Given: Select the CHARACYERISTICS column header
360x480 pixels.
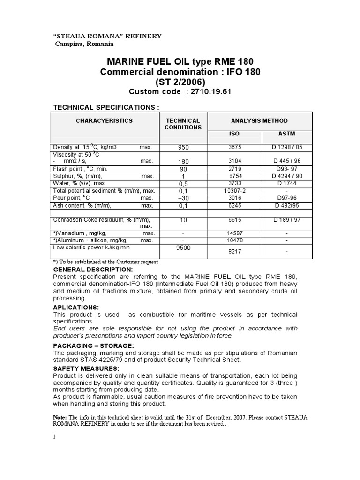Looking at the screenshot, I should (x=105, y=120).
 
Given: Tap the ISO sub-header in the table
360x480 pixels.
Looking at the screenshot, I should (x=234, y=134).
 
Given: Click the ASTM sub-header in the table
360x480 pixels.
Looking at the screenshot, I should (x=286, y=134).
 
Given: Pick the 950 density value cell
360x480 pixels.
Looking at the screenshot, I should (x=183, y=147).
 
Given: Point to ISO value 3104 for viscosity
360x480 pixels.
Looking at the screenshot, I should (x=234, y=161).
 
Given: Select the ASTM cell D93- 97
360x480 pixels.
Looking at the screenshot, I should (x=286, y=169).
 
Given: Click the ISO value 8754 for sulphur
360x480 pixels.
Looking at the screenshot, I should (x=234, y=176).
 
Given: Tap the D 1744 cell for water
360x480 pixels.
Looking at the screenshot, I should (x=286, y=183).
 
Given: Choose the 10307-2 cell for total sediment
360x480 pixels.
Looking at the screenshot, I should (x=234, y=191).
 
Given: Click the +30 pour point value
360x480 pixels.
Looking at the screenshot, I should (x=183, y=198).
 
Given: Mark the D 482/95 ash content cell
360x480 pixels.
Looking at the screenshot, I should (x=286, y=205).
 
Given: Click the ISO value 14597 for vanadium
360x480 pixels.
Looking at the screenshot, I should (x=234, y=233).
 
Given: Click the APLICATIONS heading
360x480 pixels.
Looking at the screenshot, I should (x=76, y=307).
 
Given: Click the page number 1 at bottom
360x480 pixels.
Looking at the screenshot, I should (x=54, y=437).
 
